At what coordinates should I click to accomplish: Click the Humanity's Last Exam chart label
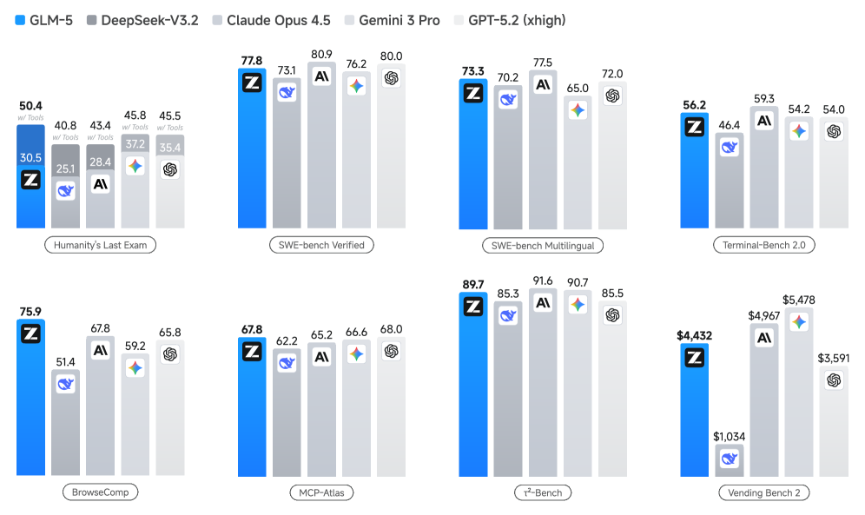[101, 245]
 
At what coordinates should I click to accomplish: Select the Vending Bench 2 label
[764, 492]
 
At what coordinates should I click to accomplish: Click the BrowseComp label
[100, 492]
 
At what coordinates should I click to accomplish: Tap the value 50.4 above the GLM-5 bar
[30, 107]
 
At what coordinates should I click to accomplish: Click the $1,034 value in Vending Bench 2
[730, 436]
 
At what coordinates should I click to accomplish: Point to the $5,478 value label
[799, 300]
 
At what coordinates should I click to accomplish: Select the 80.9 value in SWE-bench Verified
[321, 52]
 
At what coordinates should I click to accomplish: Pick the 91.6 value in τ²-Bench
[543, 280]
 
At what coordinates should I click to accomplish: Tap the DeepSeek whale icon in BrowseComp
[66, 384]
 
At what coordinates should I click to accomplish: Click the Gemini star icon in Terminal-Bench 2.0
[799, 131]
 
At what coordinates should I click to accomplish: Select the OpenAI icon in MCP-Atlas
[391, 350]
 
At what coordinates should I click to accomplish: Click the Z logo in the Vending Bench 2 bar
[695, 357]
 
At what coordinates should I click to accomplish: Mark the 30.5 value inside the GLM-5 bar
[30, 158]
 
